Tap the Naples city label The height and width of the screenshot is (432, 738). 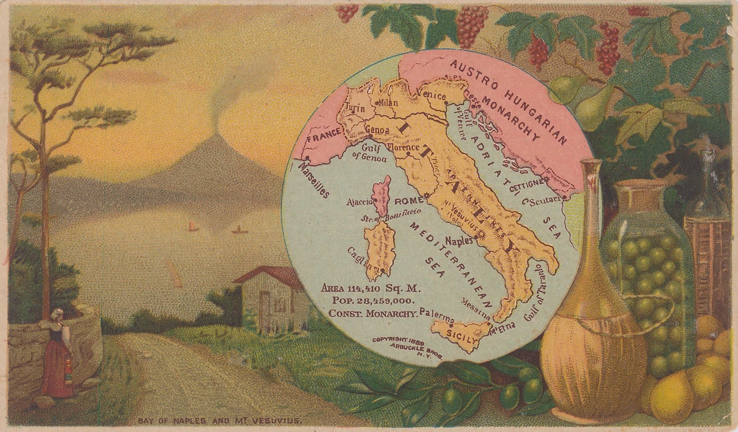click(x=458, y=241)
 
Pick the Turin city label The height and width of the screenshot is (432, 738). click(x=355, y=108)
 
